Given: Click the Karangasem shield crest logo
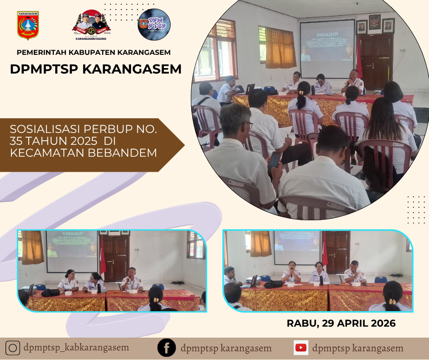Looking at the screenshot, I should [x=28, y=26].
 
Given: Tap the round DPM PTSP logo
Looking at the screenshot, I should [x=154, y=25].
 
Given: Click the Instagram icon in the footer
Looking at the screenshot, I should [x=13, y=348].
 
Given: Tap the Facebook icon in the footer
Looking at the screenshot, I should [x=167, y=348].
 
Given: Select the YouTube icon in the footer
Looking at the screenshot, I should [x=301, y=348].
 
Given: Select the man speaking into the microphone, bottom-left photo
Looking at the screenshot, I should [x=131, y=280].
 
